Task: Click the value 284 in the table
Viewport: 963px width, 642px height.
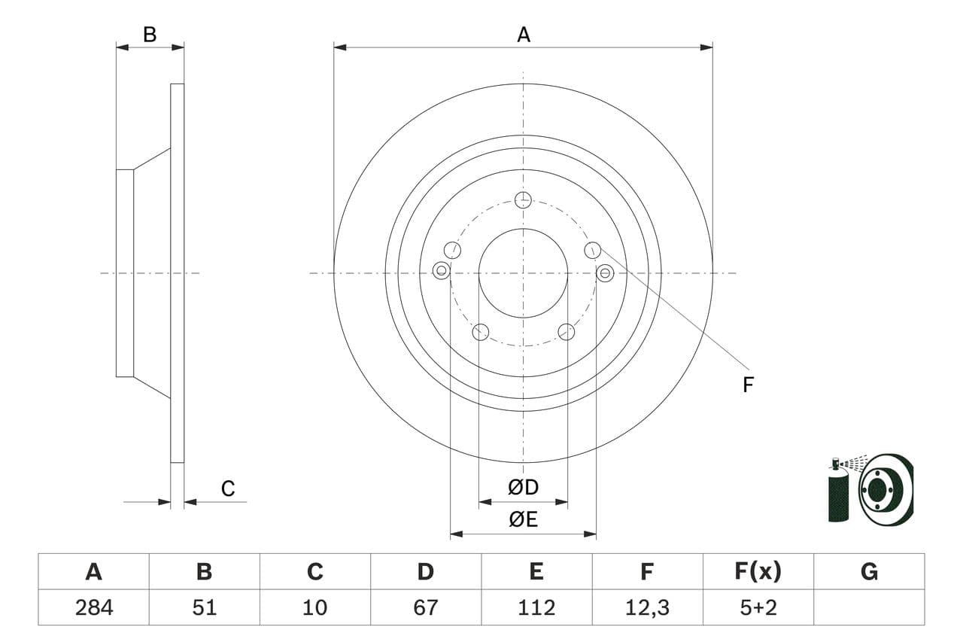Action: tap(94, 607)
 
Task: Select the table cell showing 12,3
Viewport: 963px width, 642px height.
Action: tap(647, 607)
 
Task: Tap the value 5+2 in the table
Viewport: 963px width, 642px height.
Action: tap(758, 607)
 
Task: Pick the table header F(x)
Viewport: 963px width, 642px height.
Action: tap(758, 572)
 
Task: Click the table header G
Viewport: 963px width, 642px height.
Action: tap(869, 572)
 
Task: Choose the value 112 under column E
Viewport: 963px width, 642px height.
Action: tap(536, 607)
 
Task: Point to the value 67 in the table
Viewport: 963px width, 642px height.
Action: tap(426, 607)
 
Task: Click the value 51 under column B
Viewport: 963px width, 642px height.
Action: tap(204, 607)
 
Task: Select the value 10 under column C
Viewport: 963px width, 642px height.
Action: tap(314, 607)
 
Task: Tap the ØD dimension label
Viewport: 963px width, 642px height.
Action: tap(524, 488)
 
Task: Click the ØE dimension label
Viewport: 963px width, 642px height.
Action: tap(524, 519)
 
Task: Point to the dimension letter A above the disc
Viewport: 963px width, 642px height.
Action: tap(524, 35)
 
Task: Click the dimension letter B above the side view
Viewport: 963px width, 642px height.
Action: tap(150, 35)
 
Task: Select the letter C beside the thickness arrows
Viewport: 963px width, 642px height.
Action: tap(228, 489)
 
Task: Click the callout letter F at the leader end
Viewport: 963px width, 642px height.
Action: tap(748, 385)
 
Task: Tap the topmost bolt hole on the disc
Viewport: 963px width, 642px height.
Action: tap(523, 199)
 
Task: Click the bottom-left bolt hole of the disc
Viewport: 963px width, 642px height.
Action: tap(480, 332)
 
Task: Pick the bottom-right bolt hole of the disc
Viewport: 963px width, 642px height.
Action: tap(567, 332)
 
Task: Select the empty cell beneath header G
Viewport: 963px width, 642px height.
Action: tap(869, 607)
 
